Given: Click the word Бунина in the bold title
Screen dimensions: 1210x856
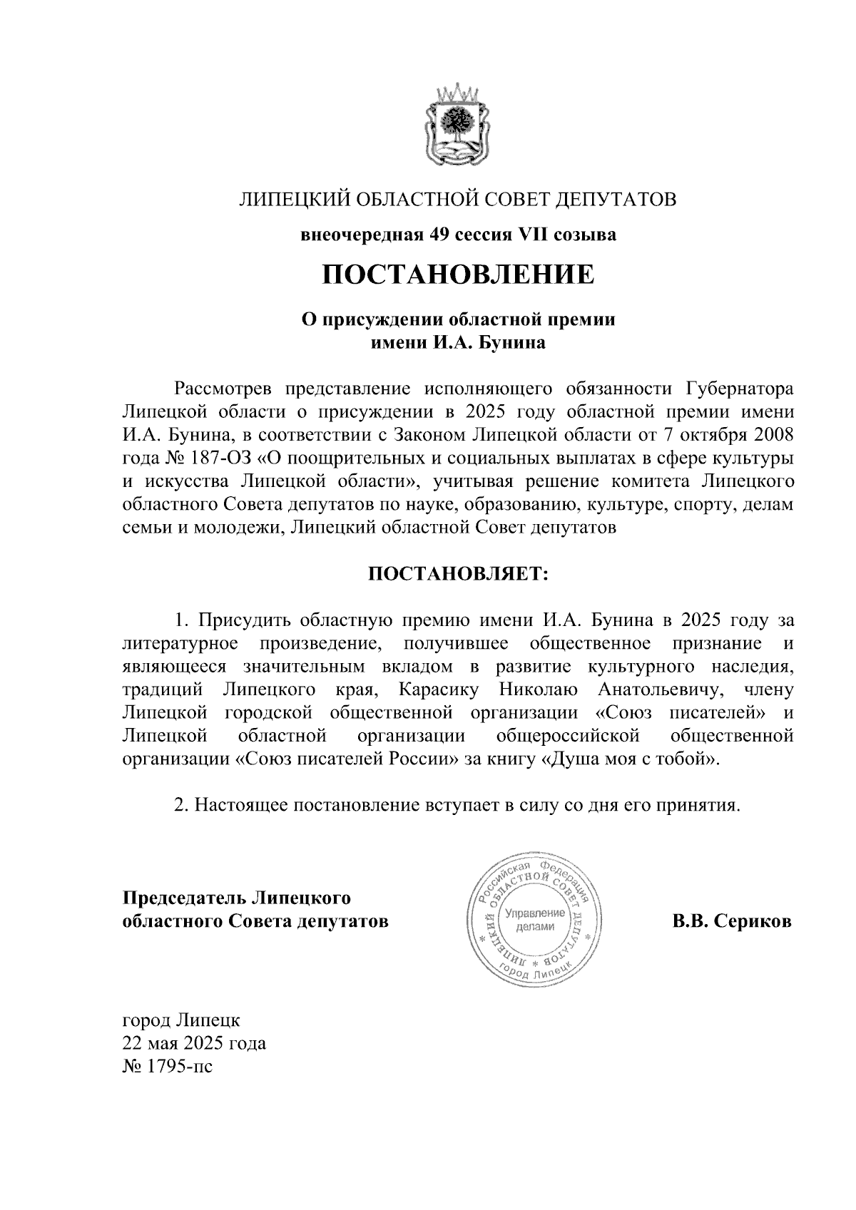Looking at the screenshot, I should click(x=511, y=343).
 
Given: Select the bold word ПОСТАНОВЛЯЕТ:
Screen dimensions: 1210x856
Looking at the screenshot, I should click(x=457, y=573).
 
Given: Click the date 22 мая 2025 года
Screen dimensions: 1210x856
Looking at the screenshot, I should click(x=194, y=1044).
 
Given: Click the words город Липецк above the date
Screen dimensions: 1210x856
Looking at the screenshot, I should click(x=182, y=1020).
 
